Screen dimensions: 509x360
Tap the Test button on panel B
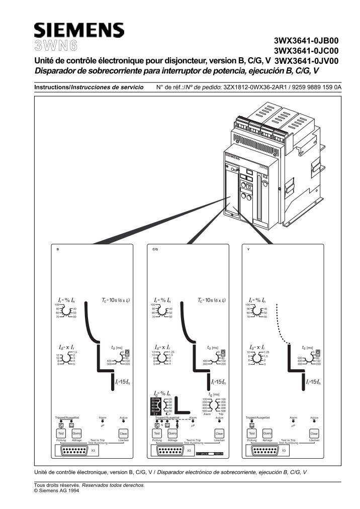pyautogui.click(x=61, y=433)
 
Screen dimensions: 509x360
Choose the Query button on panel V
pyautogui.click(x=267, y=433)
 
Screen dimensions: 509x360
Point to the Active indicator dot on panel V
pyautogui.click(x=314, y=421)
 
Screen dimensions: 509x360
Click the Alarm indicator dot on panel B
pyautogui.click(x=103, y=421)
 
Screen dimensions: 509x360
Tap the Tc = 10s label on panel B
pyautogui.click(x=117, y=300)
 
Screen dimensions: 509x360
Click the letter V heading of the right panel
pyautogui.click(x=249, y=249)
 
